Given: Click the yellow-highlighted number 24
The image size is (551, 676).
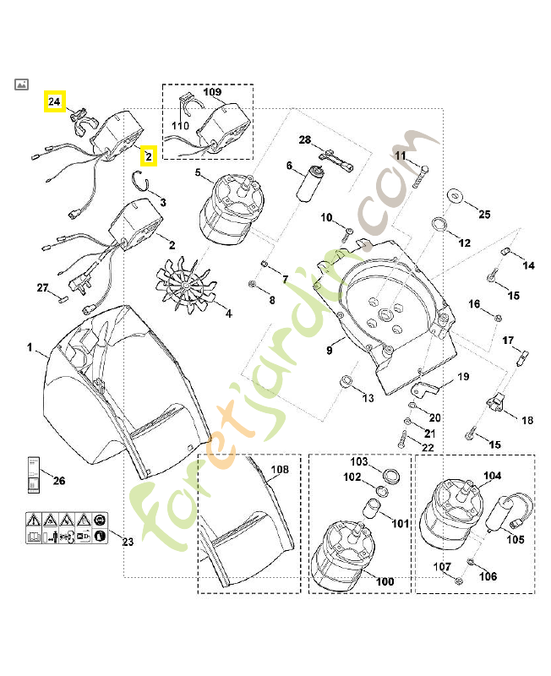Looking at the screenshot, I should click(55, 102).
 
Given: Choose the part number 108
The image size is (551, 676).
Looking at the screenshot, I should click(279, 469).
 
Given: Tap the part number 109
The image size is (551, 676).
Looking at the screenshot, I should click(212, 91).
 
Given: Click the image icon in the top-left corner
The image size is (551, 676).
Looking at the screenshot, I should click(22, 84).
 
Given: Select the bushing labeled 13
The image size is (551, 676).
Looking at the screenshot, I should click(346, 384).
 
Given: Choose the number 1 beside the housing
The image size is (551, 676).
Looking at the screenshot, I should click(30, 347).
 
